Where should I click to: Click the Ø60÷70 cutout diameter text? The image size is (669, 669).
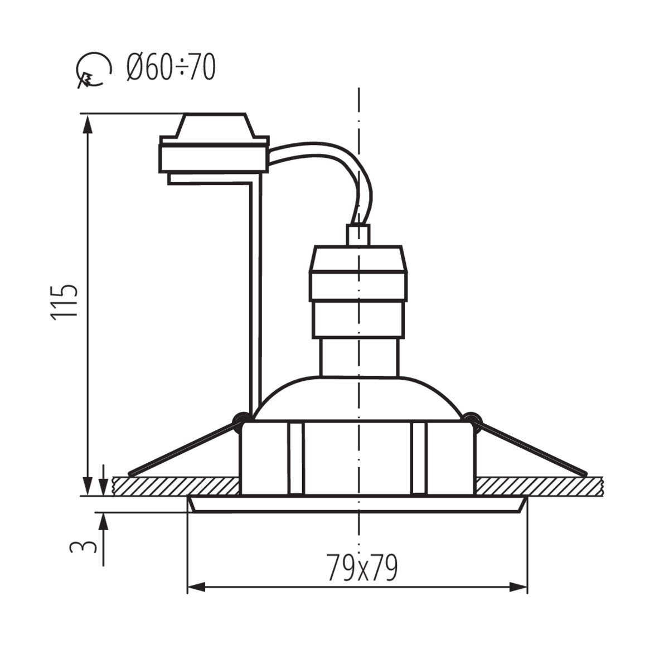coord(171,68)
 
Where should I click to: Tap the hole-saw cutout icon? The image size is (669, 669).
coord(91,71)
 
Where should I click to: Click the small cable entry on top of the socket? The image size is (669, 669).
coord(358,235)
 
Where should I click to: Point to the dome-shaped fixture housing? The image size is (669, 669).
coord(358,399)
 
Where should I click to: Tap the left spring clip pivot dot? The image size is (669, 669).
coord(240,418)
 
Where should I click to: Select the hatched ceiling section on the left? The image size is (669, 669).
coord(176,486)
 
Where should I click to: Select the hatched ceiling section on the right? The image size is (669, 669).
coord(538,486)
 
